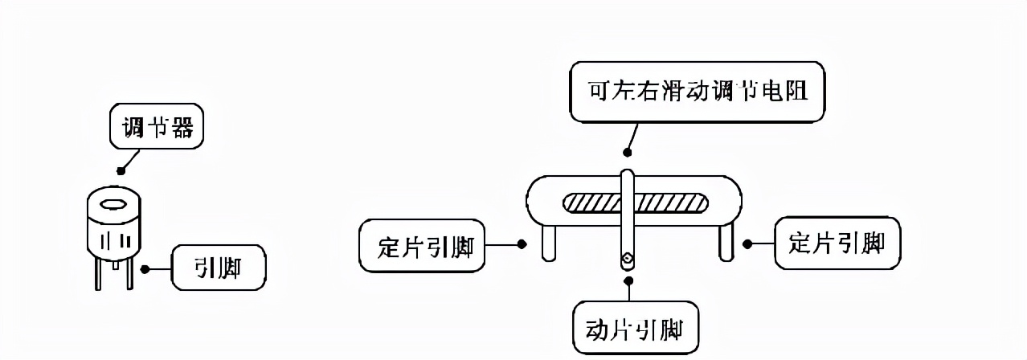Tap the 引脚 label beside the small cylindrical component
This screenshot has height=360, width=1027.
tap(218, 268)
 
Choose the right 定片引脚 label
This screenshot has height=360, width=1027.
tap(837, 243)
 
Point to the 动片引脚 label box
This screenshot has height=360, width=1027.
tap(636, 329)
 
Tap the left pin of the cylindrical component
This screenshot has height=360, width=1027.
tap(98, 274)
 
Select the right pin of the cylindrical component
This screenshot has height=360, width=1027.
tap(129, 274)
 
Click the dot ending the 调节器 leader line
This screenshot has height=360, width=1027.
tap(121, 170)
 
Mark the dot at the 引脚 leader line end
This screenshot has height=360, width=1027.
tap(145, 268)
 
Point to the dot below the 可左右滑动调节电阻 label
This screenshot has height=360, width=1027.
tap(627, 152)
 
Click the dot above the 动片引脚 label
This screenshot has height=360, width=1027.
tap(628, 280)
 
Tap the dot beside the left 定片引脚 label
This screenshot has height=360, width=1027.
tap(522, 243)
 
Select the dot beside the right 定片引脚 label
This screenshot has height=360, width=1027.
tap(747, 243)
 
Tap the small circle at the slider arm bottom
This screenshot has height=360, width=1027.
tap(628, 259)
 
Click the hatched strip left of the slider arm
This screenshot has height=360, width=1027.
tap(591, 203)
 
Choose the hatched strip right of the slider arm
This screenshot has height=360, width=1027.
tap(672, 203)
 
